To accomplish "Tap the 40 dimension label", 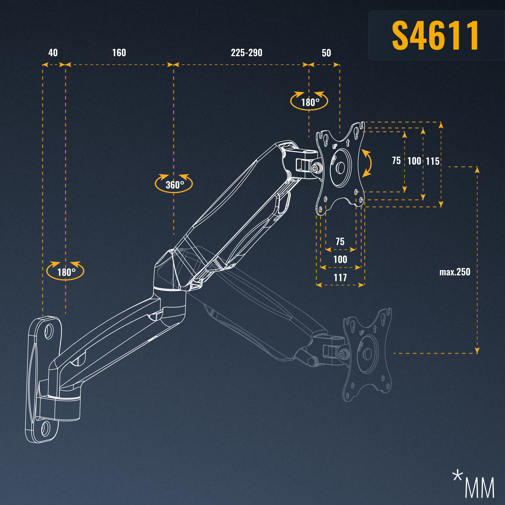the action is coord(53,53).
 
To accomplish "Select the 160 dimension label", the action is coord(119,53).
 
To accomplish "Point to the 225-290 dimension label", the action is coord(246,53).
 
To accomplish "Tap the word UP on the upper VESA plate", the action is coord(335,146).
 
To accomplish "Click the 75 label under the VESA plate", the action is coord(340,241).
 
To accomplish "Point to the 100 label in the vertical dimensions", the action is coord(414,161).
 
